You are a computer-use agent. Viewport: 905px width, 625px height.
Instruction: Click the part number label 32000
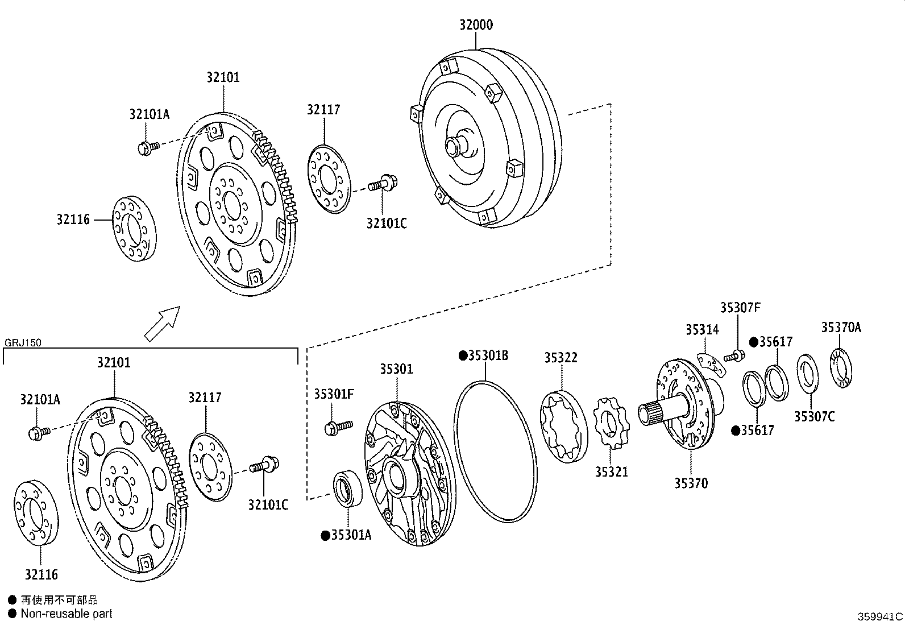pyautogui.click(x=476, y=25)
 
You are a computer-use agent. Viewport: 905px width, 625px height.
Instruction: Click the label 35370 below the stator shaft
pyautogui.click(x=691, y=483)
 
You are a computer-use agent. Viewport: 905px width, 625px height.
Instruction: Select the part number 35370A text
pyautogui.click(x=841, y=328)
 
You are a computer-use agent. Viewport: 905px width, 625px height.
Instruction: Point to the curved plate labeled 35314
pyautogui.click(x=712, y=364)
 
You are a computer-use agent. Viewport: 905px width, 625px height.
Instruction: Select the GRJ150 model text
pyautogui.click(x=22, y=343)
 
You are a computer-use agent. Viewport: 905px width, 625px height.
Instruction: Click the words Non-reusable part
pyautogui.click(x=66, y=614)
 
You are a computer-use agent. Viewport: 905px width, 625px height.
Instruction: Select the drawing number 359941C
pyautogui.click(x=880, y=616)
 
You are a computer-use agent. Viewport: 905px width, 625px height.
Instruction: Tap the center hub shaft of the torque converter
pyautogui.click(x=455, y=146)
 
